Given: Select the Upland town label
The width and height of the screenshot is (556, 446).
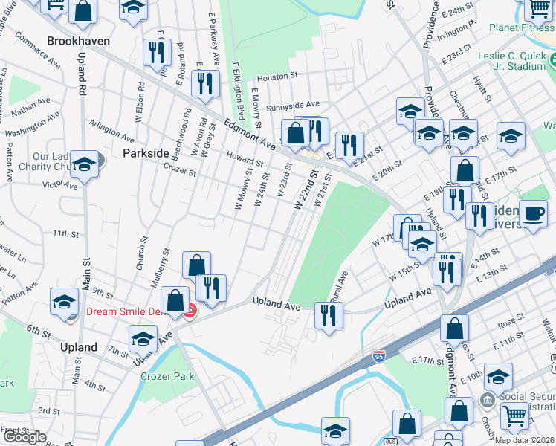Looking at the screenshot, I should coord(79,347).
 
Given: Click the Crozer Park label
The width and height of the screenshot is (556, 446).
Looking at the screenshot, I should coord(168,377).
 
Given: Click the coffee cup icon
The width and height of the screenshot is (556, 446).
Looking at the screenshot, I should coord(532,213).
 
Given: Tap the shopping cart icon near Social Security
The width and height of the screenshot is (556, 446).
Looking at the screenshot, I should coord(514,417).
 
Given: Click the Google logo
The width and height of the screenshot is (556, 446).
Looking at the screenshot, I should coord(25,437).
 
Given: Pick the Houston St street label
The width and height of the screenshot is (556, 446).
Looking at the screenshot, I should coord(277,77).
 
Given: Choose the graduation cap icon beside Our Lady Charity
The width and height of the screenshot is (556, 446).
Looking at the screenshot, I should coord(84,166).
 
